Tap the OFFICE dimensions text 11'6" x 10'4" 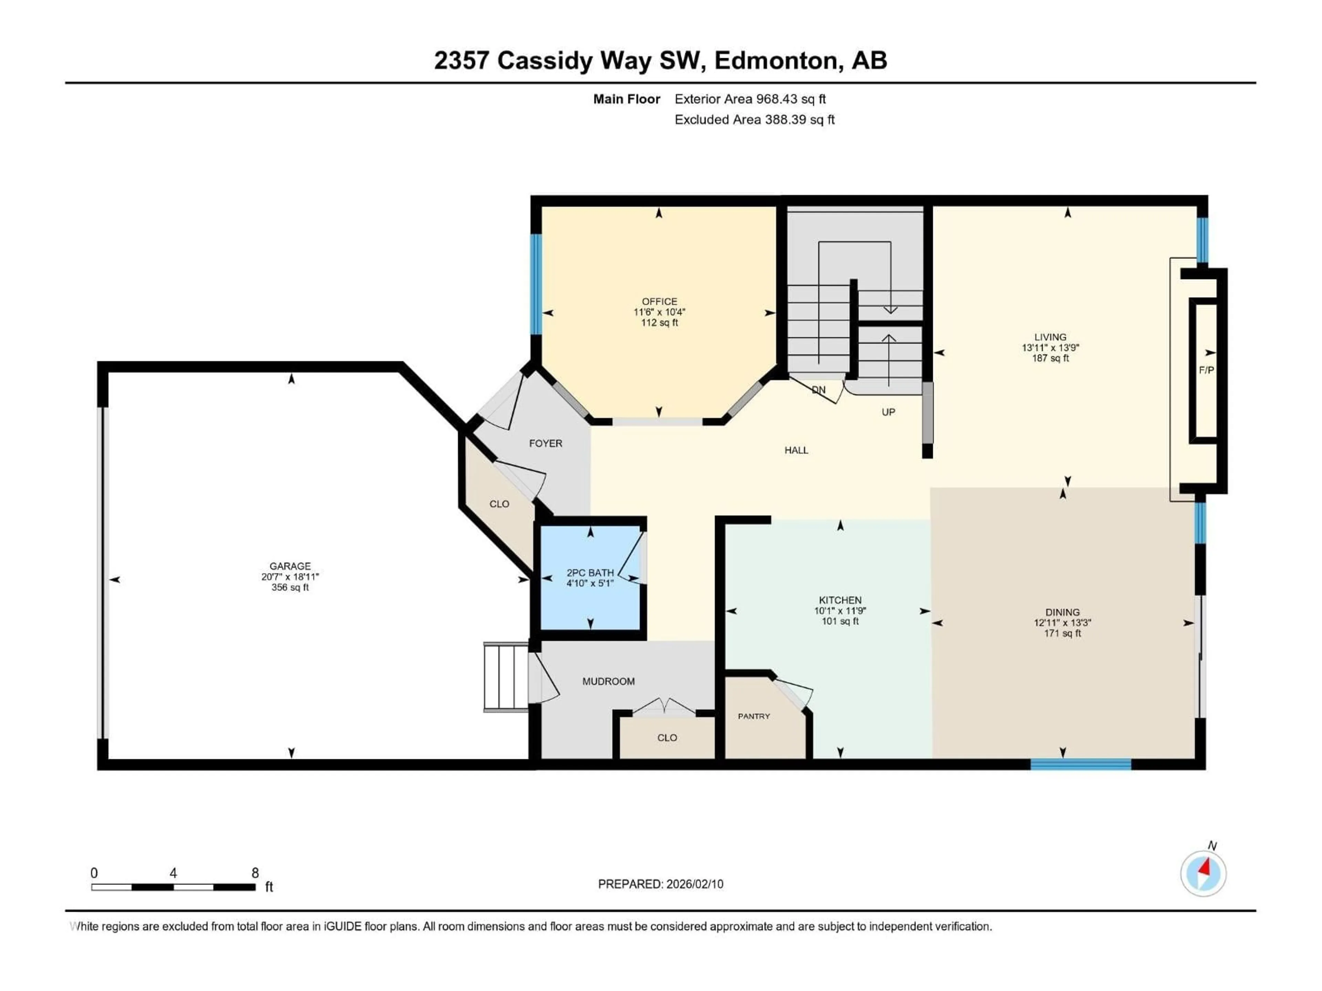[x=659, y=312]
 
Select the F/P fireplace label [x=1206, y=370]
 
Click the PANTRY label [x=754, y=716]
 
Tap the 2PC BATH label [x=590, y=572]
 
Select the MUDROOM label [x=608, y=681]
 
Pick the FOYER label [x=545, y=443]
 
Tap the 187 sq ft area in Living [x=1050, y=359]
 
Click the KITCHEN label [x=840, y=600]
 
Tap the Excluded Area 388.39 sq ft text [x=754, y=119]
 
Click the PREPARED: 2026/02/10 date [x=660, y=884]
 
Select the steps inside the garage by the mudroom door [x=506, y=677]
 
